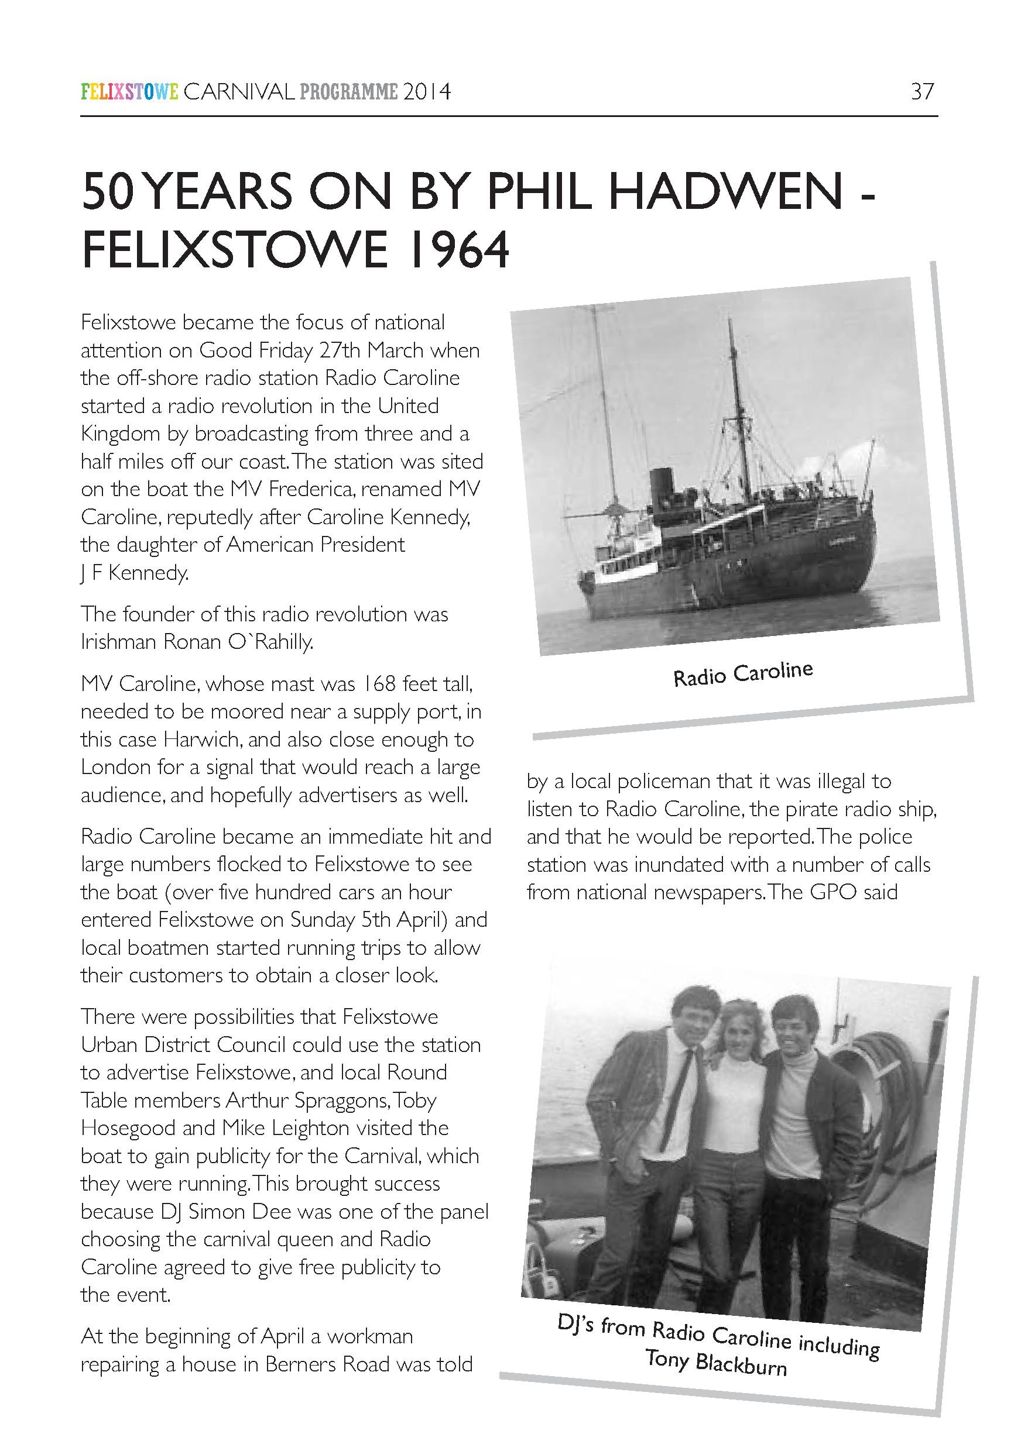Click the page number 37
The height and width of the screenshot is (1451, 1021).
921,92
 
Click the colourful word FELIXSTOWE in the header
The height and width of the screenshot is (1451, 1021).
129,92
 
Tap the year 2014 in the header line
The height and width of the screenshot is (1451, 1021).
428,92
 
